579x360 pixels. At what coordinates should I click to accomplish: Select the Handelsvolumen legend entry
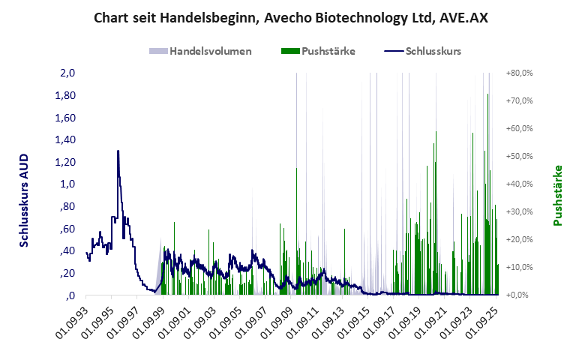[210, 52]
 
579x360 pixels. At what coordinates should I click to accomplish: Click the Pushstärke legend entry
[328, 52]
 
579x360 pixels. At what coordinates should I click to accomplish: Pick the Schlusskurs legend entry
[433, 52]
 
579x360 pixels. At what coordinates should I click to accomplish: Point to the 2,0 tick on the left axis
[67, 73]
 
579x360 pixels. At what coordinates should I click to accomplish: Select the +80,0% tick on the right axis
[519, 73]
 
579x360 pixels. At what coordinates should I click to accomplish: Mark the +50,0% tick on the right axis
[519, 157]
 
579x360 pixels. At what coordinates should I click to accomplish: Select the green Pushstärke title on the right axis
[557, 195]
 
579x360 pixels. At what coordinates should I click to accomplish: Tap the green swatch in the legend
[289, 52]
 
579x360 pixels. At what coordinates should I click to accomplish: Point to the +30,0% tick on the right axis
[519, 212]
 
